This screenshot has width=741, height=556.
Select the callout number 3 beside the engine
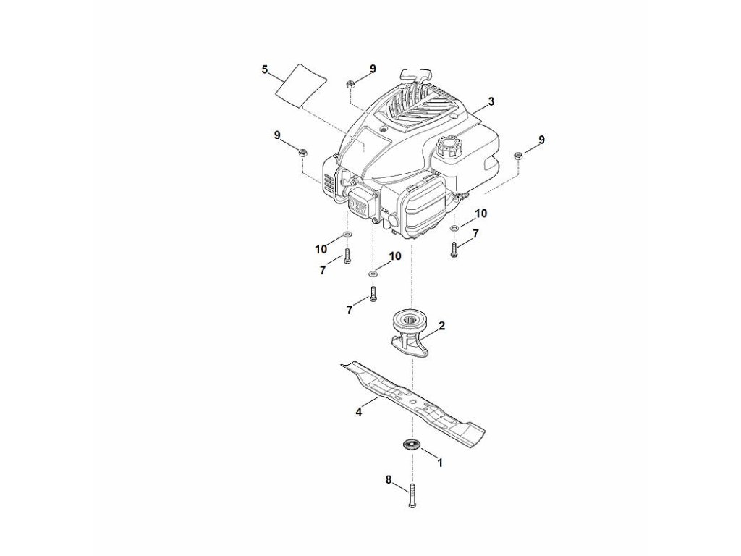click(491, 102)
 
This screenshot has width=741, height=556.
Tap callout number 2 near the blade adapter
click(442, 327)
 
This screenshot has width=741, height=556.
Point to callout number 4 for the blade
click(358, 412)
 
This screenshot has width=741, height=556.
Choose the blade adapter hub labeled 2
click(410, 332)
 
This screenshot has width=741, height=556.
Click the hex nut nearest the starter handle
click(350, 83)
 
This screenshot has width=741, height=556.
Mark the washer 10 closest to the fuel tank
click(454, 229)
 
